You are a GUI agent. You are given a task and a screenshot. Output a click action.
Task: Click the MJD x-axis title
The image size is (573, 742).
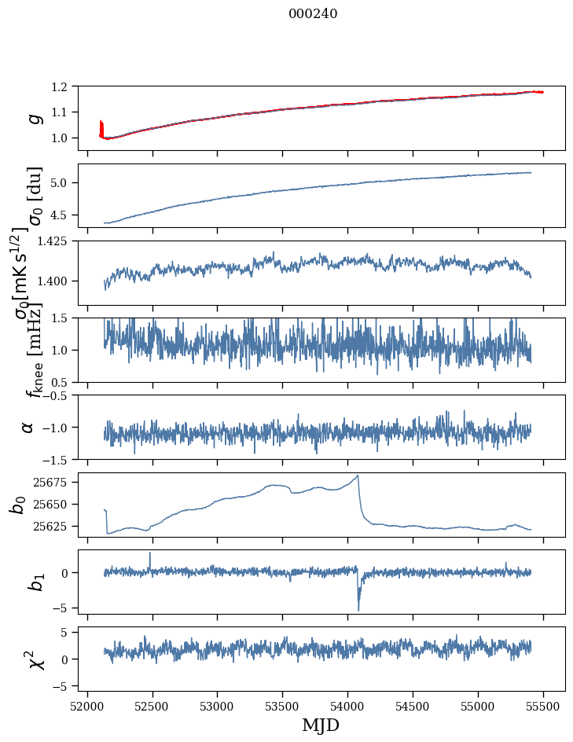click(321, 725)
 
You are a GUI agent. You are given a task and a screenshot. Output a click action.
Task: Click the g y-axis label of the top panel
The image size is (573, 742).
click(33, 117)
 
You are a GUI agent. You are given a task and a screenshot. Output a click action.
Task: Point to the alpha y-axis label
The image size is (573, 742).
click(28, 426)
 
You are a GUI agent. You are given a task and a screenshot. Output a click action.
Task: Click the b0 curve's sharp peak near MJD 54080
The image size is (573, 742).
click(358, 476)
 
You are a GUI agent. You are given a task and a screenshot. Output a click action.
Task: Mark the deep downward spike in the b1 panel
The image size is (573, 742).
click(358, 609)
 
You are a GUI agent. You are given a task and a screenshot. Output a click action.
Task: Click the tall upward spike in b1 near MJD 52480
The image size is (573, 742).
click(150, 553)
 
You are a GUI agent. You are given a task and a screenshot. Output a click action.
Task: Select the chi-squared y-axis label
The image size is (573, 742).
click(35, 659)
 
